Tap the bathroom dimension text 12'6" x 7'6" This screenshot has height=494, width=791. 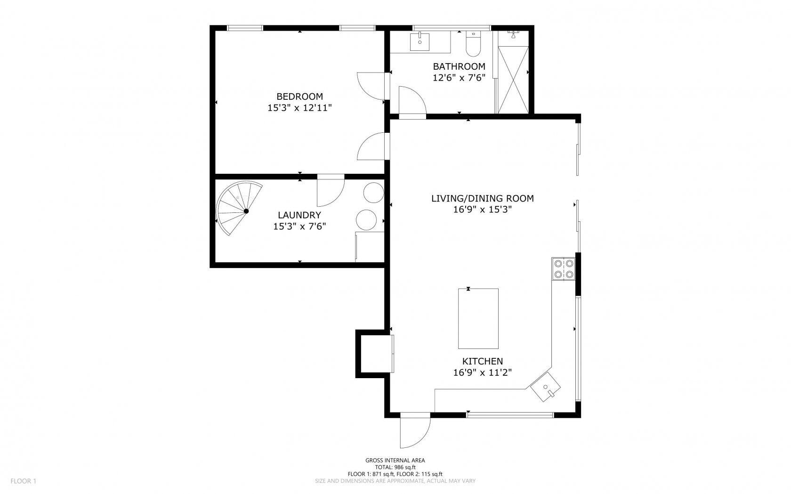click(459, 78)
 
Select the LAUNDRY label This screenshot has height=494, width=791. click(299, 215)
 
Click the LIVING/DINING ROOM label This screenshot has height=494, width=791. click(482, 198)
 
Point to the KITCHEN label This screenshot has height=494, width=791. click(482, 361)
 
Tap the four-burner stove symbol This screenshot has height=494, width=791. click(564, 269)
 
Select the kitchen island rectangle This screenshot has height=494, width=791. click(478, 318)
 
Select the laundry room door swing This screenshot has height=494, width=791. click(330, 192)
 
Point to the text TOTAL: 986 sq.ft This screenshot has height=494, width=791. click(395, 467)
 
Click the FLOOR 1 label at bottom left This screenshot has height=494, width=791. click(23, 481)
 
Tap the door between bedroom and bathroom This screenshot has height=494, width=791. click(372, 86)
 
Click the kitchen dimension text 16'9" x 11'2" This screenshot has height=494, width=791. click(482, 373)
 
